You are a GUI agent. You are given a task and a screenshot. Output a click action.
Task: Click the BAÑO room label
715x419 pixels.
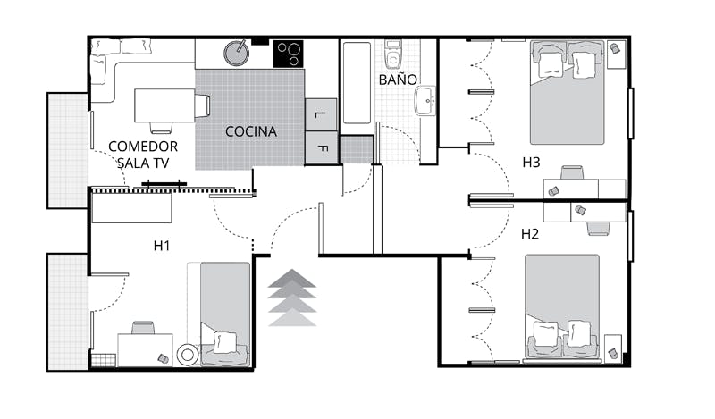pos(398,80)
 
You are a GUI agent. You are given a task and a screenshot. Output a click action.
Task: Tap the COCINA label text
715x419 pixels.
pos(251,131)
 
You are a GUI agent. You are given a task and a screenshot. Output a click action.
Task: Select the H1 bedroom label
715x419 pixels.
pos(162,247)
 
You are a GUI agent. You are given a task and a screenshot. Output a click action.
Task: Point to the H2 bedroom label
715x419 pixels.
pos(530,234)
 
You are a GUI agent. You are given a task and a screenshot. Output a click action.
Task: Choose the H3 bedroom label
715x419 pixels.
pos(531,163)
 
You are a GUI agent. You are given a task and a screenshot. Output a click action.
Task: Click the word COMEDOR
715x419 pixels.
pos(143,147)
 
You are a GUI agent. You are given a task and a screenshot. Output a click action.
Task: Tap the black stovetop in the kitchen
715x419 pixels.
pos(288,54)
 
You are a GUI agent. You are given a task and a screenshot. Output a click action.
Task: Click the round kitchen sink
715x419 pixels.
pos(236,53)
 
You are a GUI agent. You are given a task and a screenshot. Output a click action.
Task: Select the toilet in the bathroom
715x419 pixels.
pos(392,54)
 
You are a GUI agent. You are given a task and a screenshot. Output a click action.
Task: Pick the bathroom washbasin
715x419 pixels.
pos(425,100)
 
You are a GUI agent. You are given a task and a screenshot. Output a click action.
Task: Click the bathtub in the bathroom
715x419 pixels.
pos(357,82)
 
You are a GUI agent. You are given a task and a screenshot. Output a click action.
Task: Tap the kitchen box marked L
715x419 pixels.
pos(321,114)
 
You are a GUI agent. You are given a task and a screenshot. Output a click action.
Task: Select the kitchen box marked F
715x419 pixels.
pos(321,147)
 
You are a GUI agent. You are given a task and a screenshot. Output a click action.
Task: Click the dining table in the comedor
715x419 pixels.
pos(165,105)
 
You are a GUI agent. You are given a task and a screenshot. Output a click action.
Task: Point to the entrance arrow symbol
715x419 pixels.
pos(292,297)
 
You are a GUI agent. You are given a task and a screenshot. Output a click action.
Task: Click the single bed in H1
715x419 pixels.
pos(225,314)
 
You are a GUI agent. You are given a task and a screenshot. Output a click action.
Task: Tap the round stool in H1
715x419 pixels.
pos(188,355)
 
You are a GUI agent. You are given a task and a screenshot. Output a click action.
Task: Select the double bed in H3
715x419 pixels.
pos(567,93)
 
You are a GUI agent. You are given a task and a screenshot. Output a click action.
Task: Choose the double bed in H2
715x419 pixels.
pos(562,306)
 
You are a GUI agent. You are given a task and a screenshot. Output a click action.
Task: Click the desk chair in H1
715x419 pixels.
pos(143,327)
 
